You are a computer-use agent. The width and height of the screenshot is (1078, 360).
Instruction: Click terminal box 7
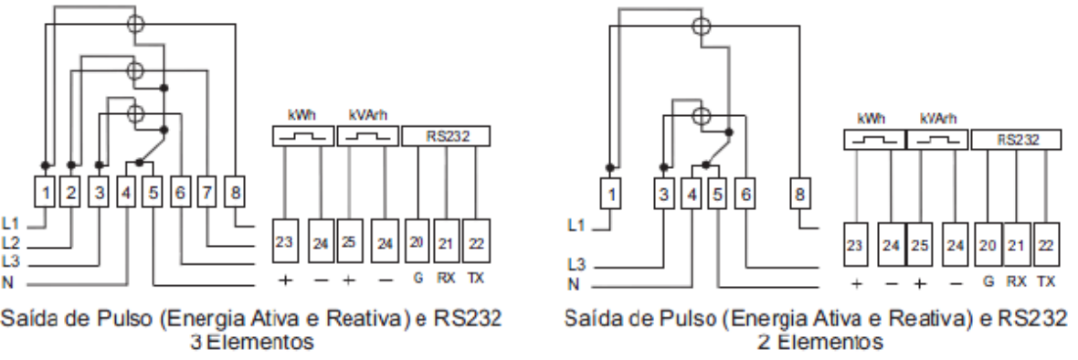coord(207,193)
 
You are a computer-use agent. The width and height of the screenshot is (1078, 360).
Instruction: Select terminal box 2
coord(70,193)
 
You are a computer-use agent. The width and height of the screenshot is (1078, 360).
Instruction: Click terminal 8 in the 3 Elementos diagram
coord(235,193)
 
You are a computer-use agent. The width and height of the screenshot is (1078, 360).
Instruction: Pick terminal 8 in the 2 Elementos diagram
coord(798,196)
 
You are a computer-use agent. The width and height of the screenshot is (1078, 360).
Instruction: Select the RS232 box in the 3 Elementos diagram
coord(446,136)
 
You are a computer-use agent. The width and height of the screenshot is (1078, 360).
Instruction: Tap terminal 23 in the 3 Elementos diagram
coord(285,241)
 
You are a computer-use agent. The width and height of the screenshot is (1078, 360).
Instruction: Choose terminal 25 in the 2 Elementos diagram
coord(920,245)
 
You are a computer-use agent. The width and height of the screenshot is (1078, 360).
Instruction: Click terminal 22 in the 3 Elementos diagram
coord(476,241)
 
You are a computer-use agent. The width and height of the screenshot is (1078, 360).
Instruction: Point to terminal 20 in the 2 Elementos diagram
coord(988,245)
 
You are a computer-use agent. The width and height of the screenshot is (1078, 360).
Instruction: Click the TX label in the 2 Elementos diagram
coord(1046,281)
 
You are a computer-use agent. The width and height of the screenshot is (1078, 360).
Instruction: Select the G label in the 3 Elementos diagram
coord(418,279)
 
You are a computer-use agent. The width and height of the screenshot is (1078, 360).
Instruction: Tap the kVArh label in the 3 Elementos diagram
coord(367,115)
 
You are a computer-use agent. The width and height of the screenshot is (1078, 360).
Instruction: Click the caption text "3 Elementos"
coord(251,342)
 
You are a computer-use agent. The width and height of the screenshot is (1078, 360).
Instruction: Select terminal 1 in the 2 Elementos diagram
coord(610,196)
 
